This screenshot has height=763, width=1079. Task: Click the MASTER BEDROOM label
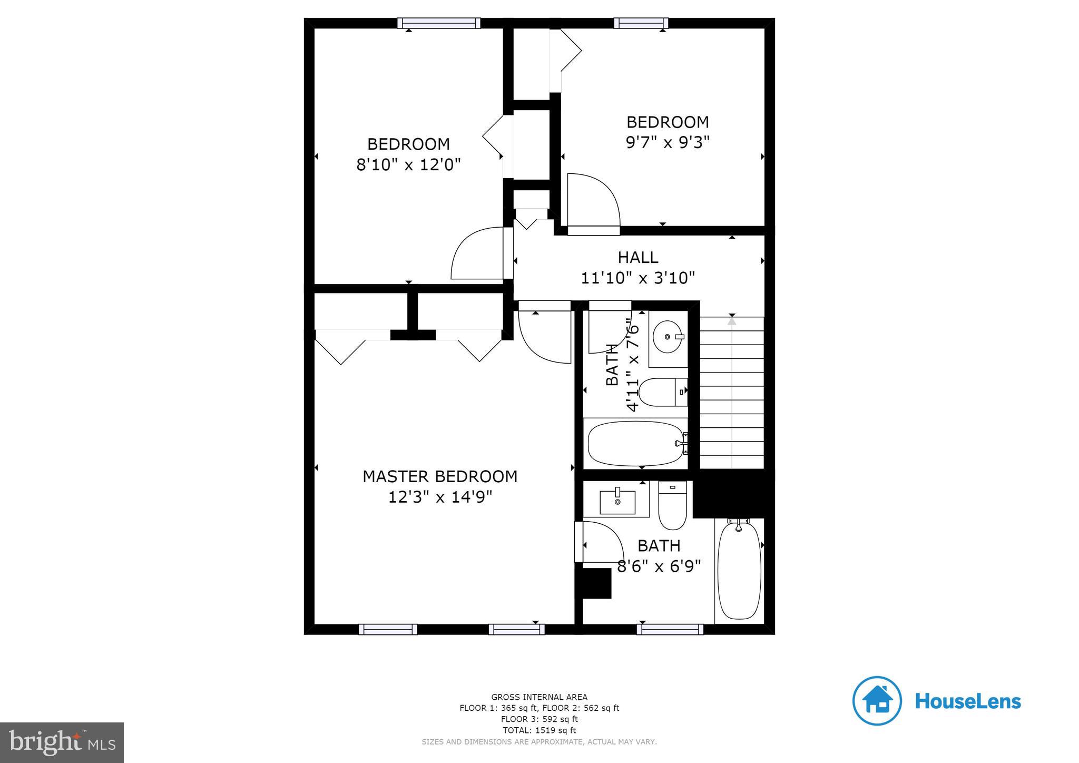point(440,476)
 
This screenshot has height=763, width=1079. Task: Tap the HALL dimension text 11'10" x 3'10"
point(637,278)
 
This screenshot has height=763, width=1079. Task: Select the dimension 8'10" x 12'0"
point(408,165)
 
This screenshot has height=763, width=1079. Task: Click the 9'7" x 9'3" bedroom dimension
point(668,142)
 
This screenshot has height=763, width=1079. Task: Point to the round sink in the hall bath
point(668,336)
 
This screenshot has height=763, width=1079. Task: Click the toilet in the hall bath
point(663,392)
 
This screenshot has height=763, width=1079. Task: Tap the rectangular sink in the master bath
point(617,502)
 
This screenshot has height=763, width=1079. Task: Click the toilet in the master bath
point(673,507)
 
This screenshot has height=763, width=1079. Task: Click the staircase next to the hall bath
point(732,393)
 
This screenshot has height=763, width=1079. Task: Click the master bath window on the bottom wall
point(670,629)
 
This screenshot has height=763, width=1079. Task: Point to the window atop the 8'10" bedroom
point(439,23)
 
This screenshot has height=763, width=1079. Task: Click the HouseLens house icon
point(877,701)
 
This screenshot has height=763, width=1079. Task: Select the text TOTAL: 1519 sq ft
point(539,730)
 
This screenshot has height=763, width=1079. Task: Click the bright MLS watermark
point(62,742)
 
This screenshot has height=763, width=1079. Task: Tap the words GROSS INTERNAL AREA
point(539,697)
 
